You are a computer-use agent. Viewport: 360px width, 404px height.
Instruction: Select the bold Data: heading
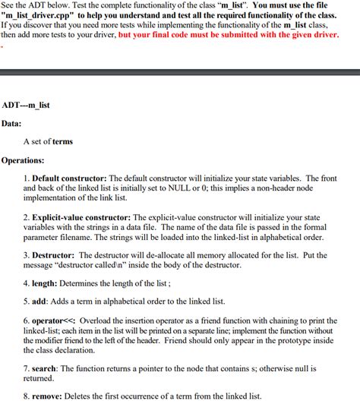[11, 122]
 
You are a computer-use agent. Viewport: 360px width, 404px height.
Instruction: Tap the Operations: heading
[23, 160]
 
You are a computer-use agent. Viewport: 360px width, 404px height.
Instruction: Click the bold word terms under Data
[62, 141]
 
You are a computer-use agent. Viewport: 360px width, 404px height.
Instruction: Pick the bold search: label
[46, 368]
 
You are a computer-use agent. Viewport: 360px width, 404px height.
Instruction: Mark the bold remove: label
[47, 396]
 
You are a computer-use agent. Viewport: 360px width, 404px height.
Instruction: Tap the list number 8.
[26, 396]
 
